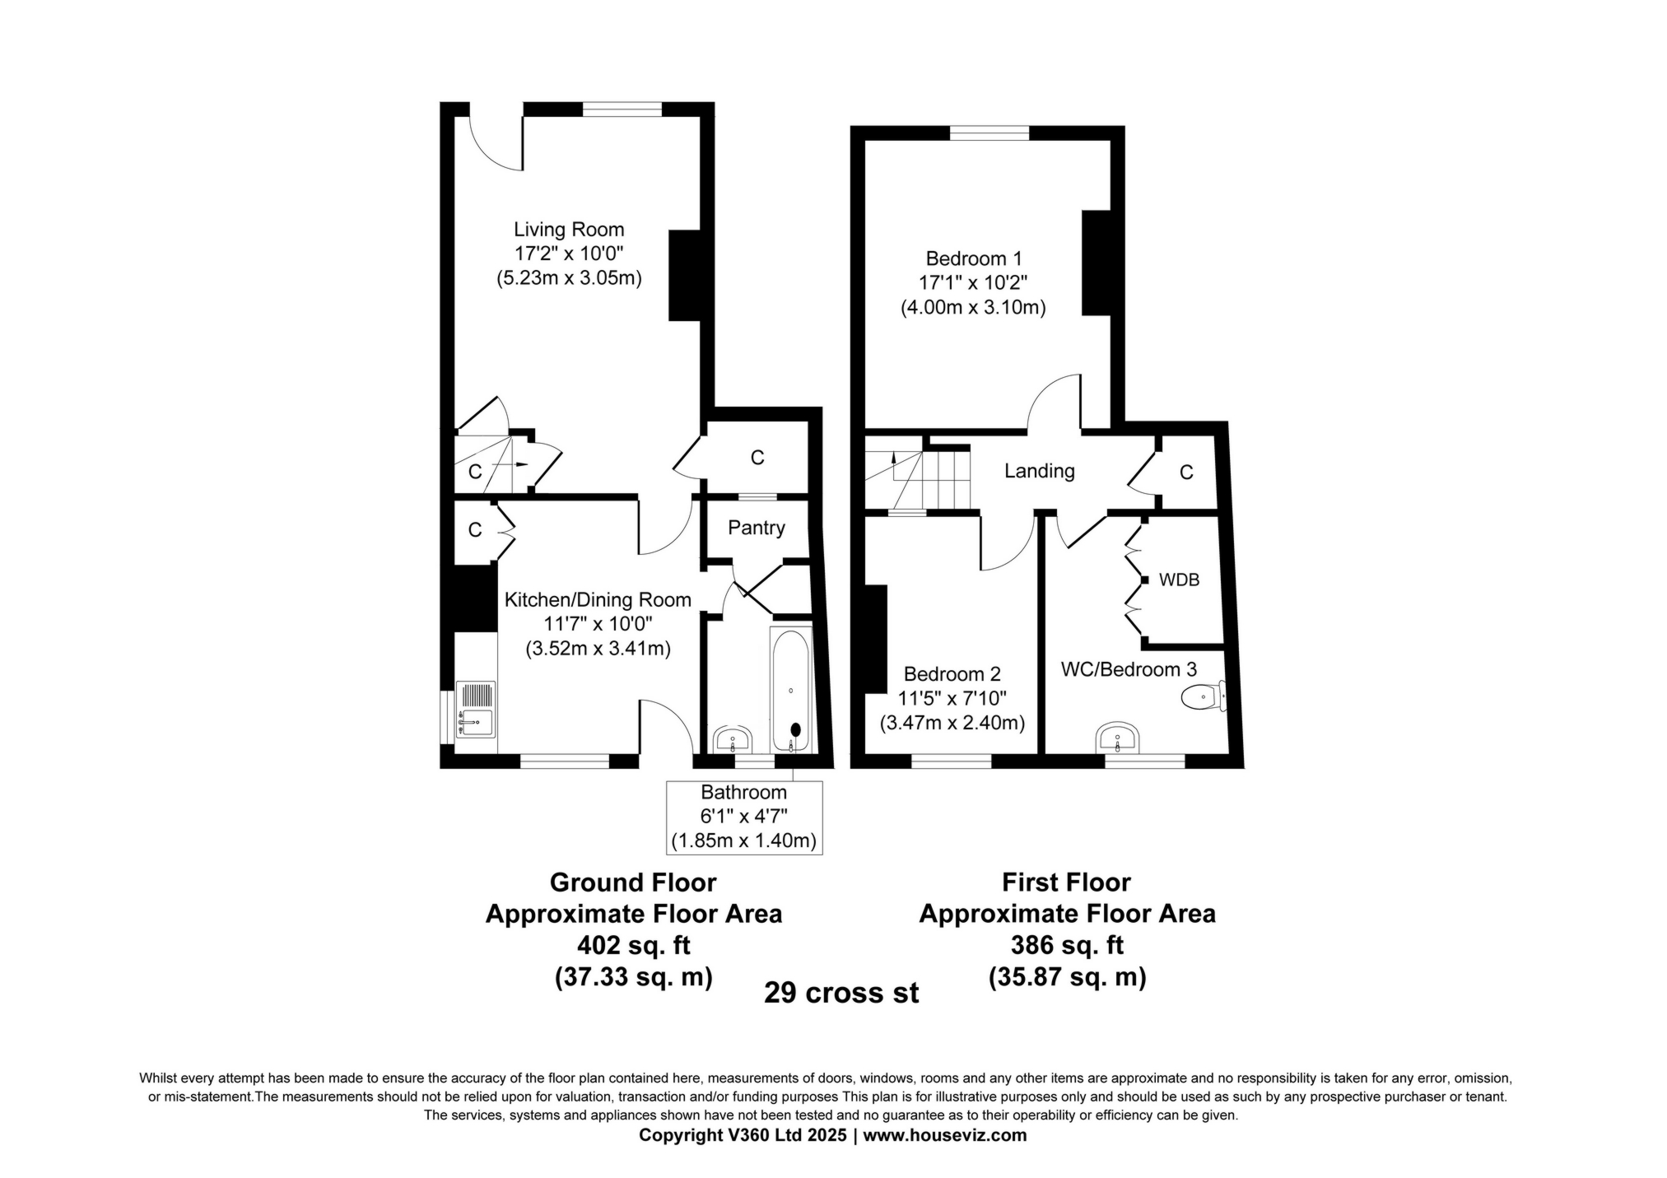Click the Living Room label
click(569, 230)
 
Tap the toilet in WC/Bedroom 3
click(1203, 697)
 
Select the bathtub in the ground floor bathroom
click(791, 690)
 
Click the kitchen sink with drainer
click(476, 709)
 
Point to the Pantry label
click(757, 528)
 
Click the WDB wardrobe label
click(1179, 580)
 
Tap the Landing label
click(1040, 471)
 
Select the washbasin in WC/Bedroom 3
click(1117, 738)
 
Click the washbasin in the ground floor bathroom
click(732, 739)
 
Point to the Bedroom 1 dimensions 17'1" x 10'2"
click(973, 283)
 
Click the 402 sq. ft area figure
click(634, 945)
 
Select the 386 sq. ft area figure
click(1067, 945)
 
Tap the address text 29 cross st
click(841, 993)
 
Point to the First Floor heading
click(1066, 882)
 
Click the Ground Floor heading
click(633, 882)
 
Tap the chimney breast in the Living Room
click(684, 275)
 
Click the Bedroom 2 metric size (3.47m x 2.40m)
click(952, 724)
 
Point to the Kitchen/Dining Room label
click(598, 600)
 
